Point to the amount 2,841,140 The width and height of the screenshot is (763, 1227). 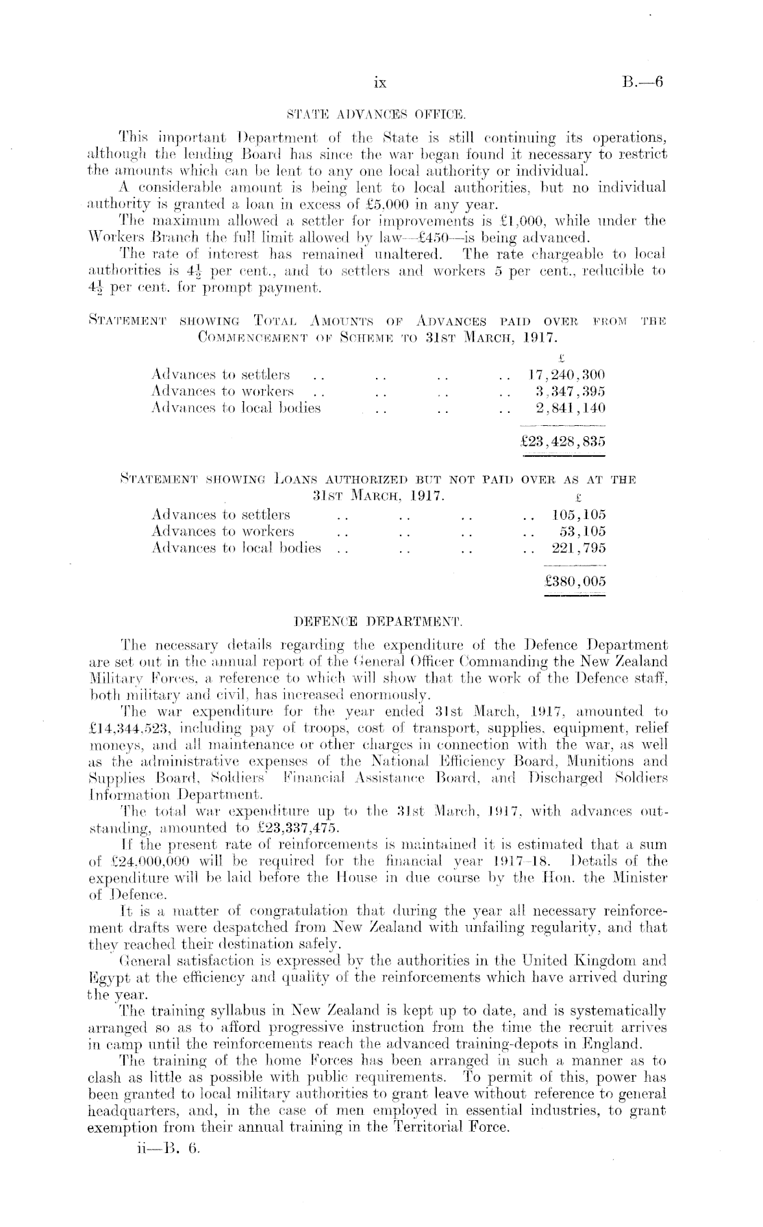[571, 409]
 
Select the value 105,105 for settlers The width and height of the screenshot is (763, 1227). [579, 515]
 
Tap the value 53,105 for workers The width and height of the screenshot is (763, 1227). [583, 531]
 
